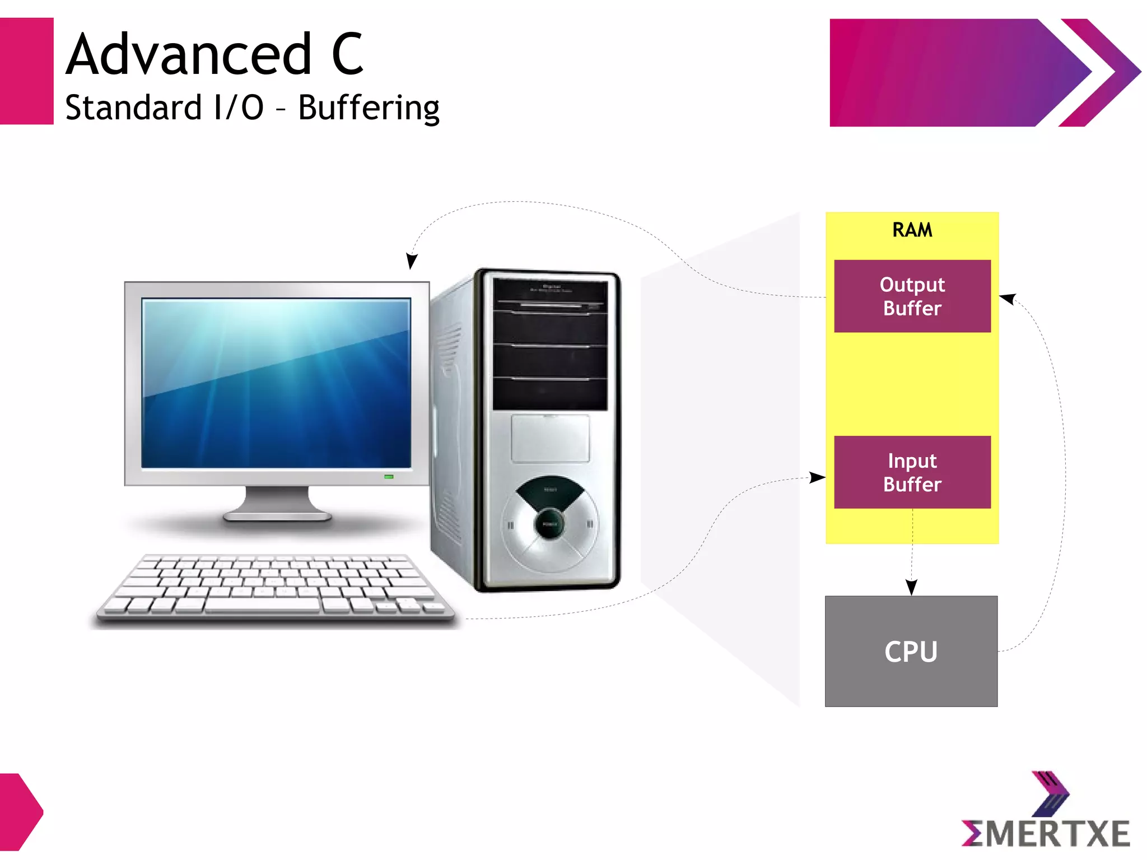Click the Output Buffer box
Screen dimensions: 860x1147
(912, 296)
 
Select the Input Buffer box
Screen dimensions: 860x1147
(912, 472)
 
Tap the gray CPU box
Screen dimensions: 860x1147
(911, 651)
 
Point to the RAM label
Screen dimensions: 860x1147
(912, 230)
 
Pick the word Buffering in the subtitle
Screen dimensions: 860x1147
(369, 108)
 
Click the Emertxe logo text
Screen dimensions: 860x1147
(1046, 834)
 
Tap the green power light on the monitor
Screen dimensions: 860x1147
(389, 477)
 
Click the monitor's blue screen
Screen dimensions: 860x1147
(276, 383)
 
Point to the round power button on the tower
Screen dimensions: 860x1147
(549, 524)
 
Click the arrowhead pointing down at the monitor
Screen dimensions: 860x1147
(412, 261)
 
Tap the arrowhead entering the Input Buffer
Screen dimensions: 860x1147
(818, 477)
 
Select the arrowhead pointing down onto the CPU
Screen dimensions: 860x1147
(911, 587)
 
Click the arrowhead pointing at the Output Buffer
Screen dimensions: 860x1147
(1008, 299)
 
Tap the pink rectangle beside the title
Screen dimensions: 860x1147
(26, 71)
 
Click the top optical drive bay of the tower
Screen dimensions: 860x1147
(549, 295)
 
